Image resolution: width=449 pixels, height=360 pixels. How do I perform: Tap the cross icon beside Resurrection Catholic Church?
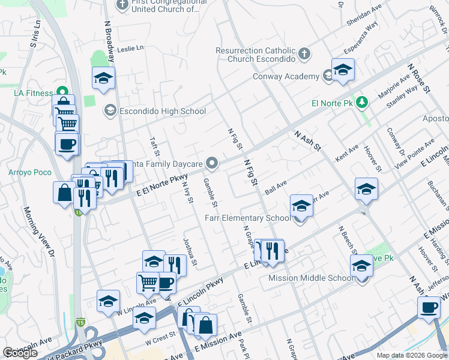click(304, 54)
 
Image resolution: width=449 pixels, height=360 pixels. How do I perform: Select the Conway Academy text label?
click(286, 76)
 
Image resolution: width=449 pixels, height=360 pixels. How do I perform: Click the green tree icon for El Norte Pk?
click(361, 103)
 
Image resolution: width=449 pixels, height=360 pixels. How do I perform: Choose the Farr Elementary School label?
click(247, 218)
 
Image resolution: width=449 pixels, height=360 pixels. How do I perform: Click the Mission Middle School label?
click(311, 278)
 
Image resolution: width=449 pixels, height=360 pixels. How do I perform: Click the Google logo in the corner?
click(20, 353)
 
